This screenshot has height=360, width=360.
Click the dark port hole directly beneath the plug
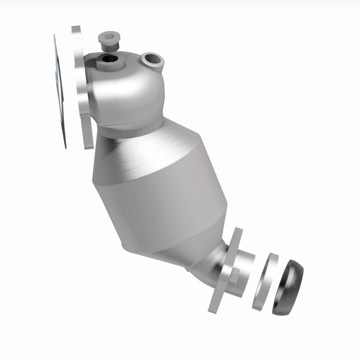(108, 58)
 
